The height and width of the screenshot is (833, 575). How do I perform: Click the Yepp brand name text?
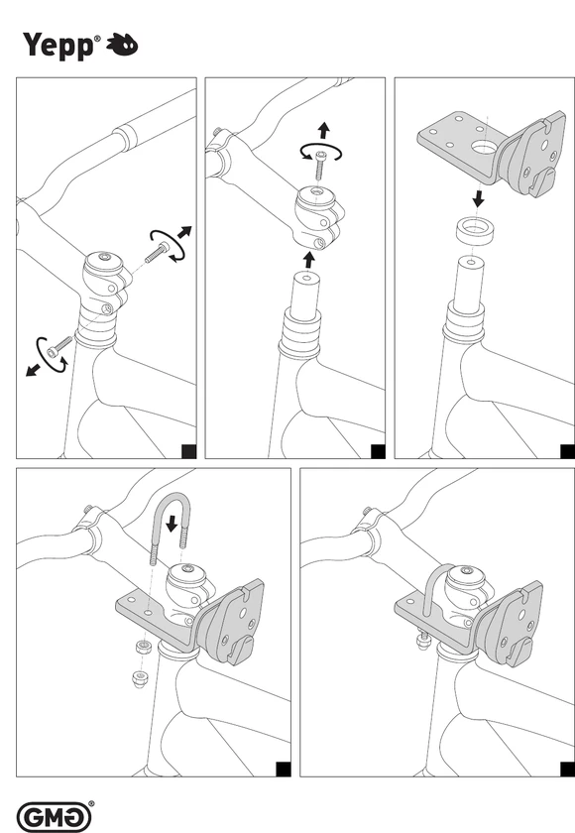[58, 46]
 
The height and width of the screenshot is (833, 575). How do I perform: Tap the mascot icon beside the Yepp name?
[122, 45]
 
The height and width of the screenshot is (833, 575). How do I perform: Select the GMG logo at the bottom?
[54, 817]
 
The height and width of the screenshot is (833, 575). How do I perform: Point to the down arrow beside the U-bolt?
[172, 523]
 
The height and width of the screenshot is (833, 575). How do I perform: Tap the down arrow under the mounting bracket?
[479, 199]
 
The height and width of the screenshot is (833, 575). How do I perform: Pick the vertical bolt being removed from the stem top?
[320, 166]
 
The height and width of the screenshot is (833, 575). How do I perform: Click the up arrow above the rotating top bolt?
[323, 131]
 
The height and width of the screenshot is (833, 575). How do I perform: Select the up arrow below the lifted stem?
[309, 260]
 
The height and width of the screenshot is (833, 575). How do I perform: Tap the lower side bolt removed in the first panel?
[58, 346]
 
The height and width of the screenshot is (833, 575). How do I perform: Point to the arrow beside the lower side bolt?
[33, 370]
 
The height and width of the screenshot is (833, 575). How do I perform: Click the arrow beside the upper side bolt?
[184, 232]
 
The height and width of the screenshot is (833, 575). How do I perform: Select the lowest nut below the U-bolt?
[139, 679]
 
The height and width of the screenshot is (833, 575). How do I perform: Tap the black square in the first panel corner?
[189, 451]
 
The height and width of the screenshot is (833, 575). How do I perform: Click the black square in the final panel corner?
[568, 769]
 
